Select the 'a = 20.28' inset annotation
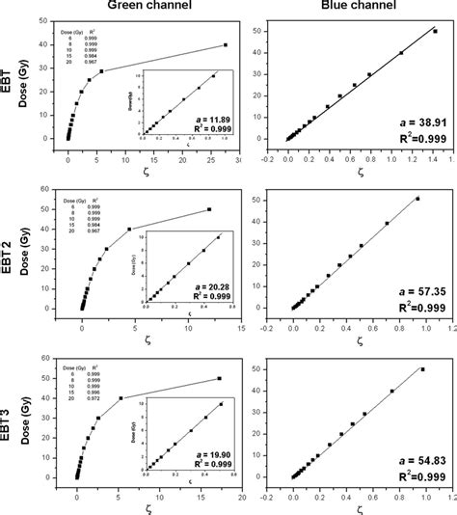pyautogui.click(x=203, y=285)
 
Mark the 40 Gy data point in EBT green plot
pyautogui.click(x=226, y=44)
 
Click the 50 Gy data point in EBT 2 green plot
pyautogui.click(x=209, y=209)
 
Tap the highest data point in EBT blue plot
pyautogui.click(x=435, y=31)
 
